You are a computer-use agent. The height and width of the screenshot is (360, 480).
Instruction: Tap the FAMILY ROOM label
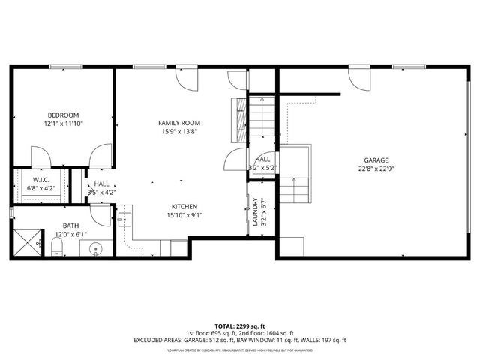coord(179,122)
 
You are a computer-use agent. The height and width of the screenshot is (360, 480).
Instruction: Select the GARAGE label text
coord(376,160)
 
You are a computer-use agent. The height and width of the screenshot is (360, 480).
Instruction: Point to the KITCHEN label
coord(184,206)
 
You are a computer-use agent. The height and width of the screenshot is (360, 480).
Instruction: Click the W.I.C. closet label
coord(40,180)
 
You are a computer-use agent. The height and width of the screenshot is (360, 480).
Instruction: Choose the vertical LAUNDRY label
coord(255,212)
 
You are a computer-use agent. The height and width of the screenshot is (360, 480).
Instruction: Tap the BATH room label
coord(70,226)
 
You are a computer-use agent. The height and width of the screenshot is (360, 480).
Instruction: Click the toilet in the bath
coord(57,247)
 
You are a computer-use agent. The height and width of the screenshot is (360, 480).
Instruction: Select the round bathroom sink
coord(95,249)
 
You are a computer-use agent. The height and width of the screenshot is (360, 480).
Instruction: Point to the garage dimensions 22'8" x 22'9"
coord(376,168)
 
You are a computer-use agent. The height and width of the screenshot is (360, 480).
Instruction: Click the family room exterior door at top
coord(186,76)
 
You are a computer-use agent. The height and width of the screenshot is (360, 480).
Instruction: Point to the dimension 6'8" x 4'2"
coord(40,188)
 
